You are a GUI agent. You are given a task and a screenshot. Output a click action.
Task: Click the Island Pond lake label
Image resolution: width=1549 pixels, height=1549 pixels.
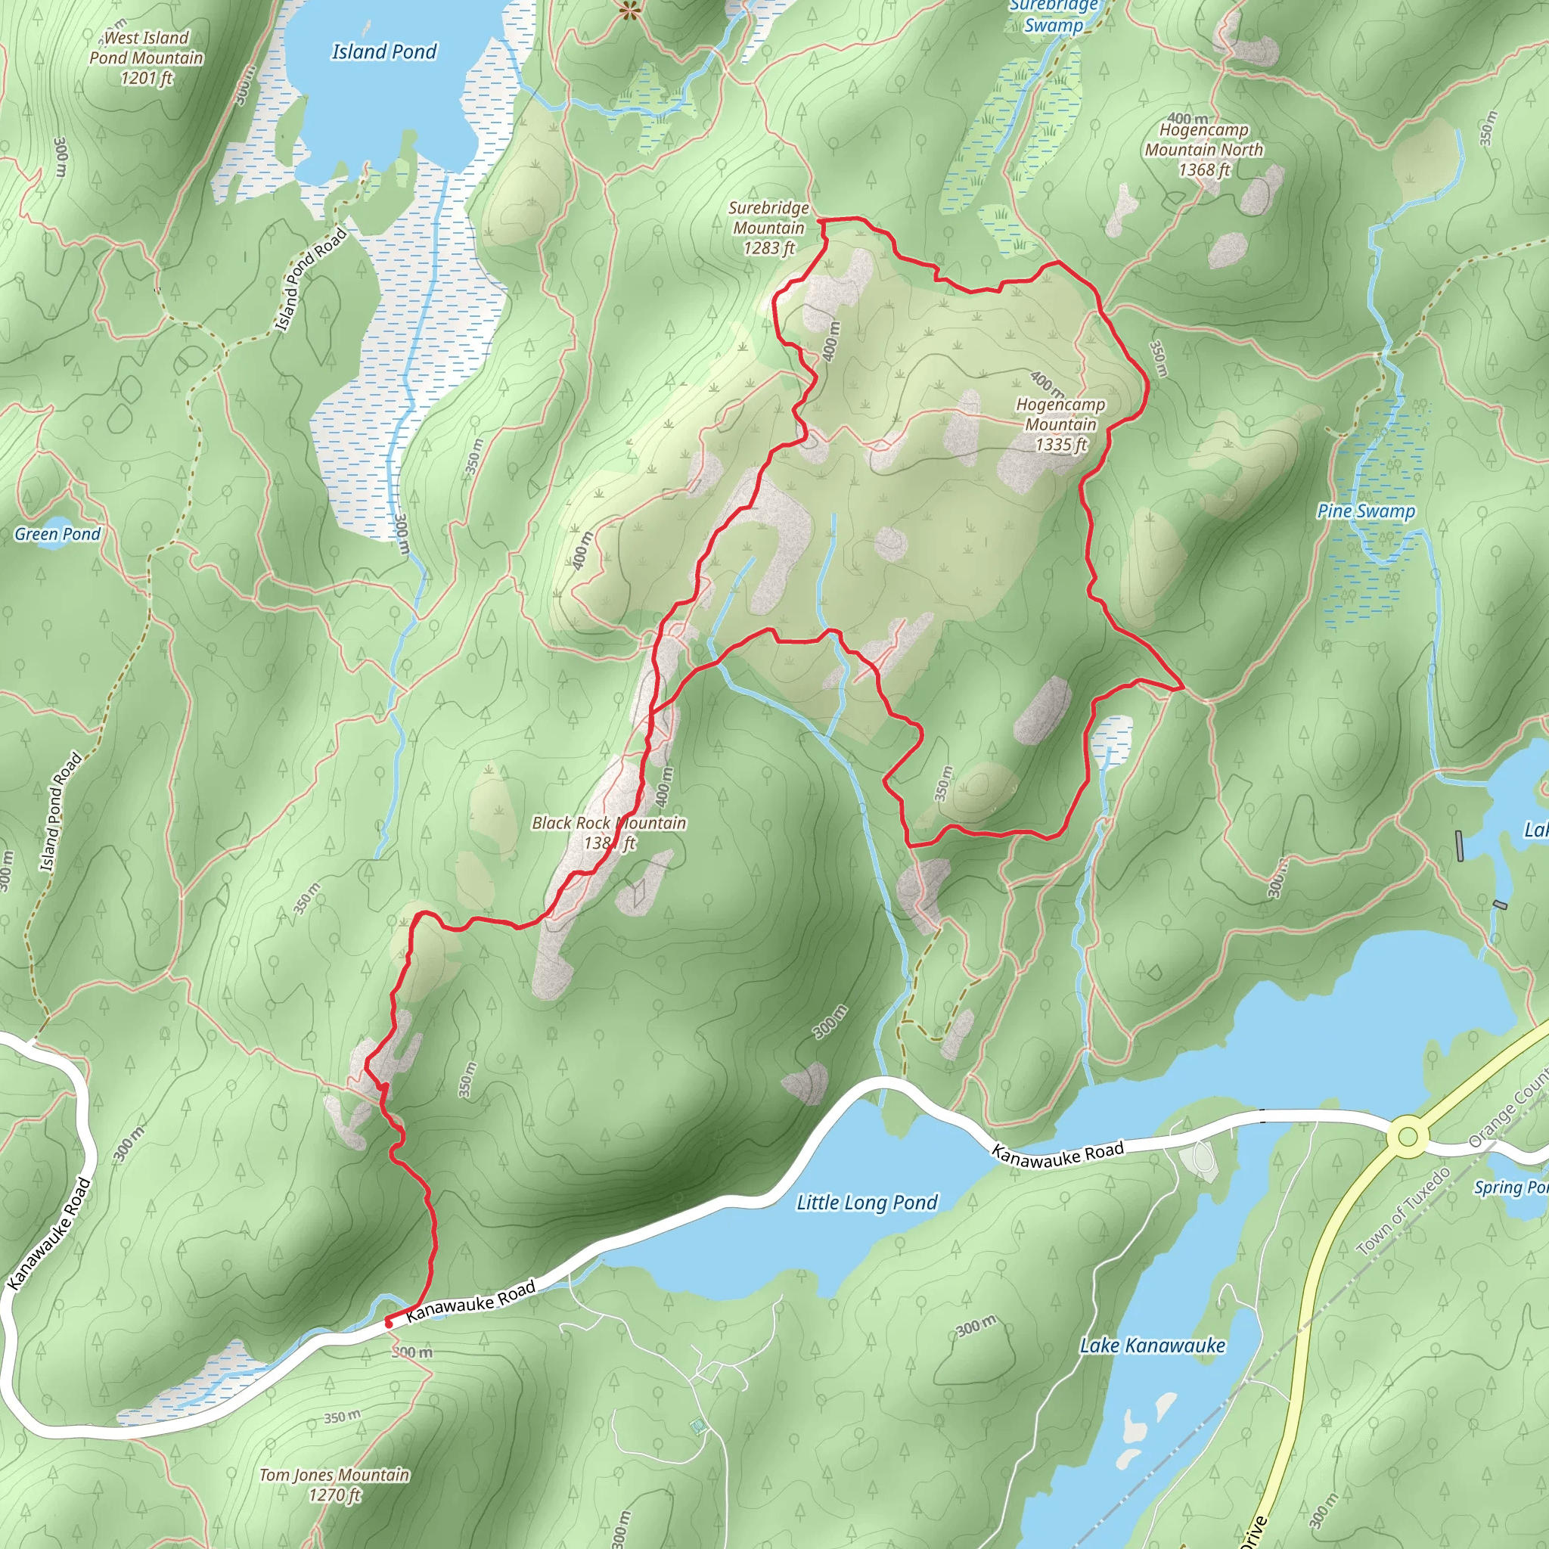click(384, 52)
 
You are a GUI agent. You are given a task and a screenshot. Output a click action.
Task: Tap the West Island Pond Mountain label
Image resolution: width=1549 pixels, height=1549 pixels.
click(146, 57)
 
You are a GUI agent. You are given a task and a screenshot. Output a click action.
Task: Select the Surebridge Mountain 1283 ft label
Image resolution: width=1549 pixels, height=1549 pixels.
click(768, 228)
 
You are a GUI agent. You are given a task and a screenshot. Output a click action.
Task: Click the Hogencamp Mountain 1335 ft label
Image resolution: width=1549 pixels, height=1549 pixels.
click(1060, 424)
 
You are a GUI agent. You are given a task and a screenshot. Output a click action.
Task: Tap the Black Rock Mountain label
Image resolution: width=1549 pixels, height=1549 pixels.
click(609, 832)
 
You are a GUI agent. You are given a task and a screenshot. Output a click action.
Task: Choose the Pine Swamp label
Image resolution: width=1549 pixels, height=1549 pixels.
click(1365, 511)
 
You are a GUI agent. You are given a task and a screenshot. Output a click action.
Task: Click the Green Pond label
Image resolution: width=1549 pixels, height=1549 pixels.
click(57, 534)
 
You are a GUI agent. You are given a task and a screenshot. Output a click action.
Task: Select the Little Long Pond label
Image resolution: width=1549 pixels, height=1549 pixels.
click(866, 1203)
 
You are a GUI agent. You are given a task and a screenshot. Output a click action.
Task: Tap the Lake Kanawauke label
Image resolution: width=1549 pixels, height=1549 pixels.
click(1152, 1346)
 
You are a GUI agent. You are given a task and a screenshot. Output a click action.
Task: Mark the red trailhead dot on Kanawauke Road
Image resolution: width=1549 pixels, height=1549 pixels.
click(389, 1323)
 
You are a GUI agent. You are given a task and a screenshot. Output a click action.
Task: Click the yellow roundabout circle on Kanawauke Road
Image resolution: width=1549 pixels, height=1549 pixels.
click(1408, 1137)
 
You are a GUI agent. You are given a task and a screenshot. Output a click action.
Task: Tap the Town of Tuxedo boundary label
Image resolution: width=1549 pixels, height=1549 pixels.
click(1403, 1212)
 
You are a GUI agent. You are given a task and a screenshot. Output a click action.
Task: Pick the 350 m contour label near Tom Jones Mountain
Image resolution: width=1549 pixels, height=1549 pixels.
click(343, 1417)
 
